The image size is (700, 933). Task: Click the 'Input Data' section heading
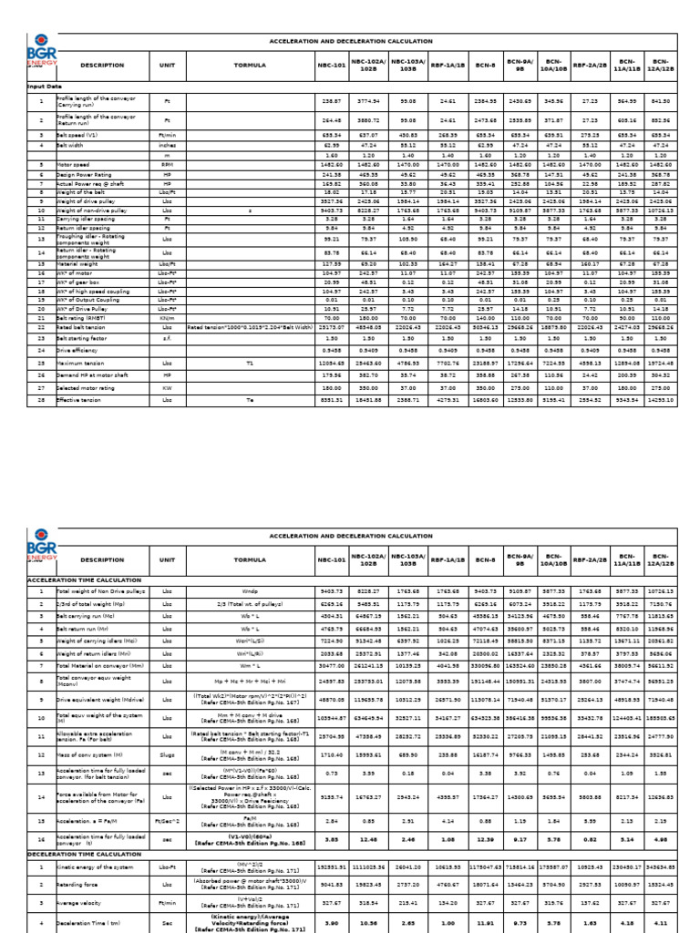point(46,85)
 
